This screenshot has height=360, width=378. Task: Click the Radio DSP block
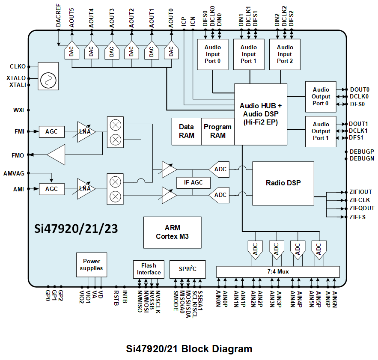[x=283, y=183]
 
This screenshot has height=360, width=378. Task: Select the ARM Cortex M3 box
[x=172, y=232]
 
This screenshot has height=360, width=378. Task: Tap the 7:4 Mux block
[x=277, y=271]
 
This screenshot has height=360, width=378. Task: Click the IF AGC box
[x=193, y=182]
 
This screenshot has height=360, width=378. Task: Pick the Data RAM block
[x=186, y=131]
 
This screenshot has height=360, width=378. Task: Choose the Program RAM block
[x=217, y=131]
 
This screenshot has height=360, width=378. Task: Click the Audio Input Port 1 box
[x=249, y=54]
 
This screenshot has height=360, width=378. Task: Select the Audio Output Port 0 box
[x=321, y=97]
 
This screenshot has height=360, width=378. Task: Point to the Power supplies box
[x=92, y=265]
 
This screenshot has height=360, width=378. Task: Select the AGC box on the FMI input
[x=51, y=131]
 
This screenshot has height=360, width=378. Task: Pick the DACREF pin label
[x=58, y=18]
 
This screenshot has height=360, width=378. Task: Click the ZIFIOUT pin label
[x=360, y=192]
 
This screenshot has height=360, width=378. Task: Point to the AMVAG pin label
[x=14, y=173]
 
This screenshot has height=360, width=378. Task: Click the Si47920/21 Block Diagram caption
[x=189, y=349]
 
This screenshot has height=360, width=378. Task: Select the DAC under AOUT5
[x=71, y=52]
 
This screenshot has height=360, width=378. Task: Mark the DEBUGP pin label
[x=362, y=152]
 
